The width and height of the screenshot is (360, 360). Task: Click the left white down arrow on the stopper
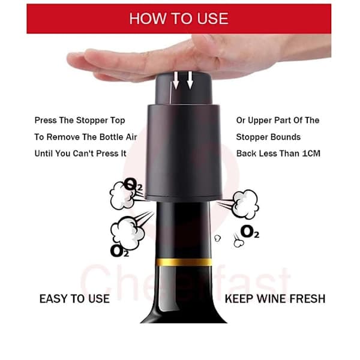[x=176, y=80]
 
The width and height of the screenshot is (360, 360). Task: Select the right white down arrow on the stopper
[x=190, y=80]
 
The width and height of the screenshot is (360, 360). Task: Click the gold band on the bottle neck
[x=184, y=262]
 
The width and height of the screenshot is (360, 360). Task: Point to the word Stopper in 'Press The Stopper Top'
[x=92, y=121]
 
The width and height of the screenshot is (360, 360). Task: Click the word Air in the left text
[x=131, y=137]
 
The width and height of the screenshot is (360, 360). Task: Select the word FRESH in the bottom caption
[x=307, y=299]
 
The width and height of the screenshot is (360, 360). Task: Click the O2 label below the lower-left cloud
[x=119, y=251]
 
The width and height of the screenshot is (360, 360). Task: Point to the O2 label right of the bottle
[x=250, y=232]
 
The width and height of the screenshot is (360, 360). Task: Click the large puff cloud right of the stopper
[x=245, y=204]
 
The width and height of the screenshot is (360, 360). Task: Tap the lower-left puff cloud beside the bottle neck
[x=127, y=232]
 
